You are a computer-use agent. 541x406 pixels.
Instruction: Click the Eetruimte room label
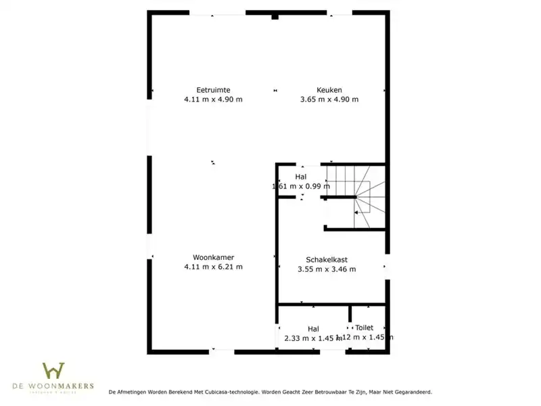coord(213,90)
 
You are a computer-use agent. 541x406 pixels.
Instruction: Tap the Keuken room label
coord(329,90)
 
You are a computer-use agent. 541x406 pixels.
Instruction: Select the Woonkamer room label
coord(213,257)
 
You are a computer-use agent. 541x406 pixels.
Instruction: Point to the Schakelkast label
coord(327,259)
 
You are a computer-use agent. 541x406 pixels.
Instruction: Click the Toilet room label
coord(364,328)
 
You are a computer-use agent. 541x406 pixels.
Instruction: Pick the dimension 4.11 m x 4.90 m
coord(213,99)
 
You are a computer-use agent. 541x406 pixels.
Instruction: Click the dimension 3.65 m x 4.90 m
coord(329,99)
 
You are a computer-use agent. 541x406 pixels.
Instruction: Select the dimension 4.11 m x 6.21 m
coord(213,267)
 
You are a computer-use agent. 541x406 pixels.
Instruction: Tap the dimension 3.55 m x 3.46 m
coord(327,269)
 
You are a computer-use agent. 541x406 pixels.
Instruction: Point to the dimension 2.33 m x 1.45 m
coord(313,338)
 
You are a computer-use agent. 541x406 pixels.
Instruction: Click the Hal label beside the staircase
coord(301,177)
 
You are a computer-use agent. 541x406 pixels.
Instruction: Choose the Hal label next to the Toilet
coord(313,329)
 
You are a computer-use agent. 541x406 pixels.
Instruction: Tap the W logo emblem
coord(53,371)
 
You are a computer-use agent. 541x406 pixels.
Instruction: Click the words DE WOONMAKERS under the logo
coord(53,386)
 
